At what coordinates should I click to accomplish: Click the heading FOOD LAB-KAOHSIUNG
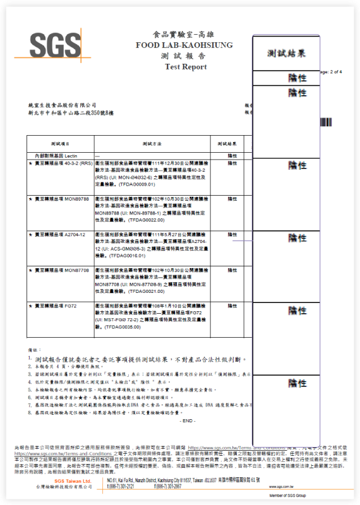[184, 45]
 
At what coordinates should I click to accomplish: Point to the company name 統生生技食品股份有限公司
[63, 105]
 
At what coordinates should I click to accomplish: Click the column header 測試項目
[59, 144]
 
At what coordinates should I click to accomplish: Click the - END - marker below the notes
[188, 420]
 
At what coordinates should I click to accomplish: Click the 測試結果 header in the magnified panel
[287, 54]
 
